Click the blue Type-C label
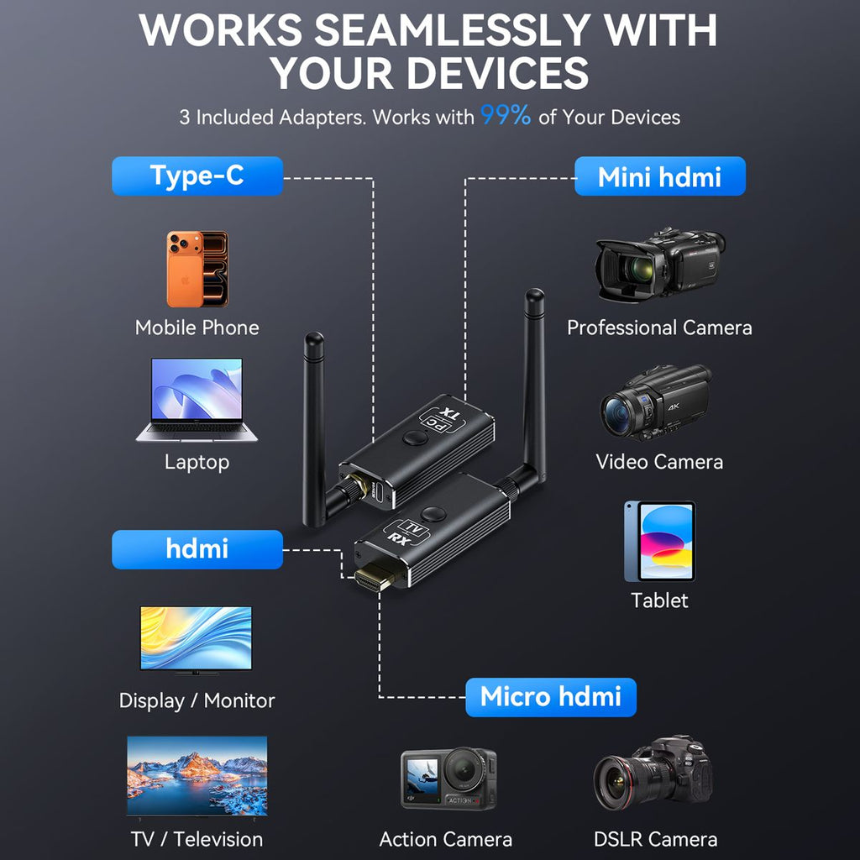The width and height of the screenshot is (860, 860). pyautogui.click(x=197, y=176)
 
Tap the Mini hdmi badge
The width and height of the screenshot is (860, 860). pyautogui.click(x=660, y=176)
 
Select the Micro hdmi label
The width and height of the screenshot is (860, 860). pyautogui.click(x=551, y=697)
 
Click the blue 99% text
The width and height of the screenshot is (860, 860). pyautogui.click(x=506, y=115)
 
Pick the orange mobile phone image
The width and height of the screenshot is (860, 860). pyautogui.click(x=197, y=269)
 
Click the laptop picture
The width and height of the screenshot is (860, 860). pyautogui.click(x=197, y=400)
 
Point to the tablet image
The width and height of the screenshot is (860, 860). pyautogui.click(x=660, y=542)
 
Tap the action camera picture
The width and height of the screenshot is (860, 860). pyautogui.click(x=448, y=779)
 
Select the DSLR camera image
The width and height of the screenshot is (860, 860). pyautogui.click(x=653, y=773)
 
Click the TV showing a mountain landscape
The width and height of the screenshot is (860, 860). pyautogui.click(x=197, y=777)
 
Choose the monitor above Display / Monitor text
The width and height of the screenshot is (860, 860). pyautogui.click(x=196, y=639)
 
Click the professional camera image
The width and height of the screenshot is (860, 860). pyautogui.click(x=660, y=265)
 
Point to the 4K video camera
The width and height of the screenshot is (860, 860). pyautogui.click(x=656, y=403)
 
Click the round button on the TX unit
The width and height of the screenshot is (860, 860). pyautogui.click(x=415, y=438)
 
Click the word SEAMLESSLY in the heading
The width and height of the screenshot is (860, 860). pyautogui.click(x=453, y=29)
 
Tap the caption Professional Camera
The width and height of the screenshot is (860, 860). pyautogui.click(x=659, y=328)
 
